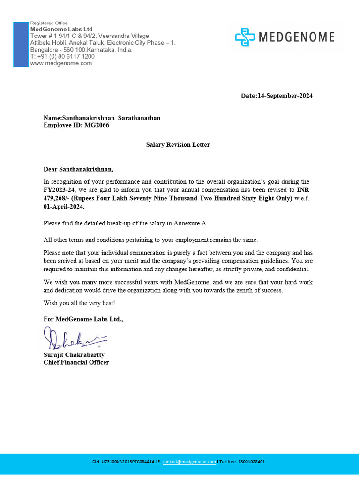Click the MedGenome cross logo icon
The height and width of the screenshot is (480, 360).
point(245,37)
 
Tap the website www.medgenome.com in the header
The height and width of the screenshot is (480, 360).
point(61,63)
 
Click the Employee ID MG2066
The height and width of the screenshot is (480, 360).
point(97,125)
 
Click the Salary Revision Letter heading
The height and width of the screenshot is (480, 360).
point(178,145)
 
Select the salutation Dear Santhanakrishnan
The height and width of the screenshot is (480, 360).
point(78,169)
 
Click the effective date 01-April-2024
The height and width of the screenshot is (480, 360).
point(64,206)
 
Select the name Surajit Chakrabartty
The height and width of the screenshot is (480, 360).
point(74,355)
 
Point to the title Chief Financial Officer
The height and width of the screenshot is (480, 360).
point(76,362)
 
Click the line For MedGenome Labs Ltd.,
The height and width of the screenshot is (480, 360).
point(83,319)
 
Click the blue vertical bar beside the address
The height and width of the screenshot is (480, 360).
point(21,44)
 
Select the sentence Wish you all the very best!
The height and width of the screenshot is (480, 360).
point(79,303)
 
